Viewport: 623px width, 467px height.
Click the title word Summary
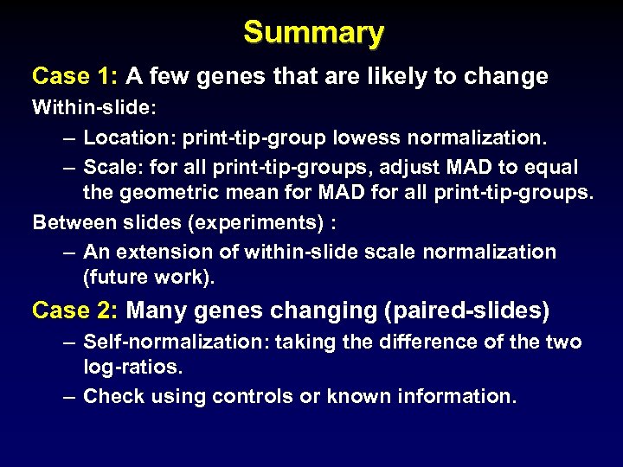(x=313, y=32)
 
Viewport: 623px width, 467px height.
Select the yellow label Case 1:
(x=75, y=76)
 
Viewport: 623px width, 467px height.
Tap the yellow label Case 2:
(x=75, y=310)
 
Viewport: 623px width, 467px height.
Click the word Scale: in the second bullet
(x=112, y=166)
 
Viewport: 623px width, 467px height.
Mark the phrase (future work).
(x=147, y=278)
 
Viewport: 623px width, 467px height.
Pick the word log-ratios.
(x=132, y=368)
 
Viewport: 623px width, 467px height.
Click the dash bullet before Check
(x=70, y=397)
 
